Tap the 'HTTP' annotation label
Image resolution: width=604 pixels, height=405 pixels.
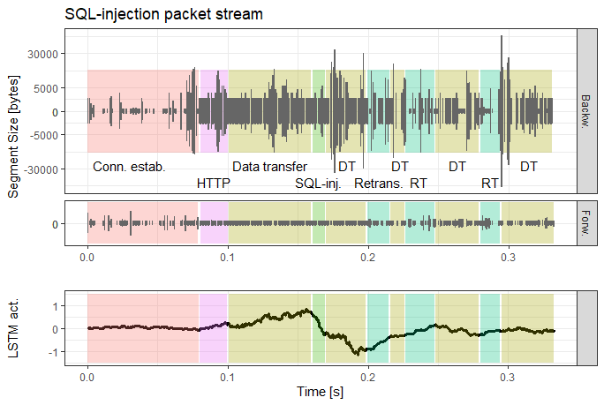pyautogui.click(x=213, y=184)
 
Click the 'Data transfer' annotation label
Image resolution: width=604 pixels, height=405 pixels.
pyautogui.click(x=269, y=166)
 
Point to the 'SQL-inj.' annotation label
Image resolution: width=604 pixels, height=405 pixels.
pyautogui.click(x=318, y=184)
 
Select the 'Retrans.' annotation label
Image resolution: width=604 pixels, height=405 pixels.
pyautogui.click(x=378, y=184)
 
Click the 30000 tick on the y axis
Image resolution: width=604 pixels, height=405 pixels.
pyautogui.click(x=42, y=54)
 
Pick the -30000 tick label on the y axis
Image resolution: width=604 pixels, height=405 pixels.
pyautogui.click(x=41, y=169)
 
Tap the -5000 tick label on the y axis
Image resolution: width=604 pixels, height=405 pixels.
pyautogui.click(x=42, y=135)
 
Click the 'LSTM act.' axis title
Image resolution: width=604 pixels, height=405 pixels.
pyautogui.click(x=13, y=329)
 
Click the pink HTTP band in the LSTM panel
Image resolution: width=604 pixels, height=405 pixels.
pyautogui.click(x=213, y=329)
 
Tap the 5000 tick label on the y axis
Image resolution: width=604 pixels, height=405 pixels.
pyautogui.click(x=44, y=87)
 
